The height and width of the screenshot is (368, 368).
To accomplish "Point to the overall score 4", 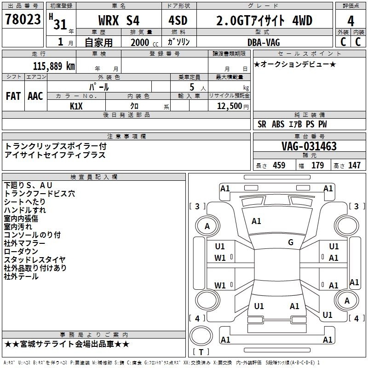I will [351, 21].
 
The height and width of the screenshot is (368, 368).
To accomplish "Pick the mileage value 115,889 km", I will [54, 66].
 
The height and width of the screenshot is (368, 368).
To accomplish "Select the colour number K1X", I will [76, 105].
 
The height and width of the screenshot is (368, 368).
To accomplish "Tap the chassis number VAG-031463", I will [309, 146].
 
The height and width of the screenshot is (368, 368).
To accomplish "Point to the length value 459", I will [279, 166].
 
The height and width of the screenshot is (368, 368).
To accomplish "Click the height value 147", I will [354, 166].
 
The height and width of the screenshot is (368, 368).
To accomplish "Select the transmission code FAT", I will [13, 96].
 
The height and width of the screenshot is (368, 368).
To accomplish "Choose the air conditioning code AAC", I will [35, 96].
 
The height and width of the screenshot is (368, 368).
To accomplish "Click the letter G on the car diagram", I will [291, 242].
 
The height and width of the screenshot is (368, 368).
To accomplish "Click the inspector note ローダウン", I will [21, 252].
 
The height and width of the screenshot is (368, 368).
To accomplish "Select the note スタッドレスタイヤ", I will [34, 260].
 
